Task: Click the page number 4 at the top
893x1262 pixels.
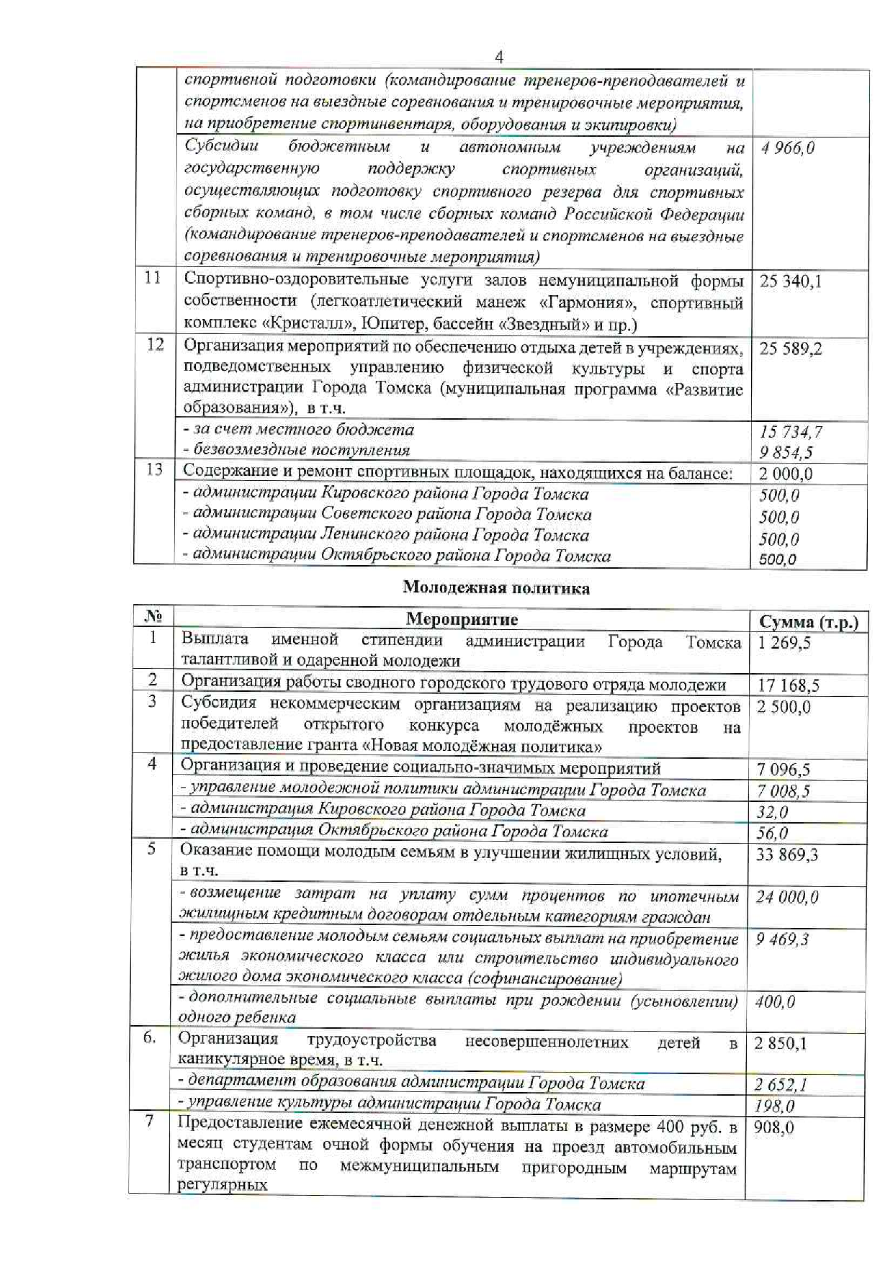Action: tap(499, 58)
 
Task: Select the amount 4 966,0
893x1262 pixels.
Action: tap(788, 148)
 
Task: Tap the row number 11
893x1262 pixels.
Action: tap(153, 278)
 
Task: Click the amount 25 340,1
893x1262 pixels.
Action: tap(790, 281)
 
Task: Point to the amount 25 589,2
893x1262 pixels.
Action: tap(790, 349)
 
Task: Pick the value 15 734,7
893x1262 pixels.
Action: tap(790, 432)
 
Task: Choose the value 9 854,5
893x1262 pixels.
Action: tap(786, 453)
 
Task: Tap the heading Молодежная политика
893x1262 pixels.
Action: tap(496, 588)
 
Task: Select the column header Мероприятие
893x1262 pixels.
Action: tap(462, 619)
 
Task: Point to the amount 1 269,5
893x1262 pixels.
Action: tap(784, 643)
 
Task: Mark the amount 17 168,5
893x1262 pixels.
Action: tap(788, 685)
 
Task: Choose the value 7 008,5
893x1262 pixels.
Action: tap(783, 791)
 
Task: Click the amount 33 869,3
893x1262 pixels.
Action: tap(787, 855)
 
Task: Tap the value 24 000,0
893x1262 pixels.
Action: tap(787, 897)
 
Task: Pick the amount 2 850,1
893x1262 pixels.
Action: tap(781, 1044)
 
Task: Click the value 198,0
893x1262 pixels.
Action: tap(774, 1106)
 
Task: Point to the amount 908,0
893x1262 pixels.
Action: tap(773, 1127)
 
